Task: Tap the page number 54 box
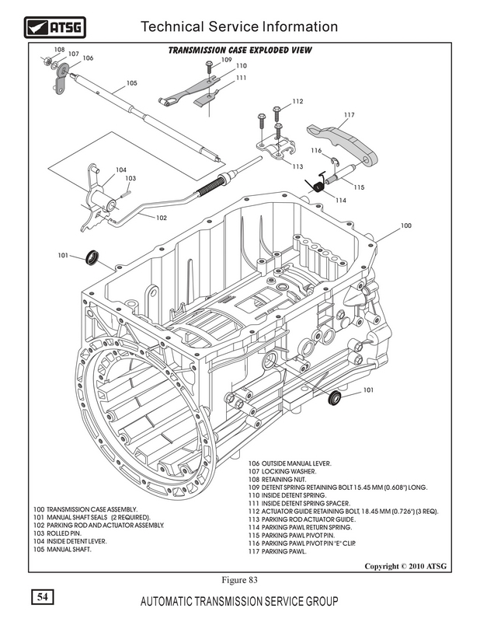(x=41, y=598)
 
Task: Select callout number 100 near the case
(x=405, y=225)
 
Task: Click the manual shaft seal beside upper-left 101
(x=94, y=256)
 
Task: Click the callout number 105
(x=131, y=83)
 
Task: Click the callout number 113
(x=297, y=166)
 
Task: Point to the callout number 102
(x=162, y=218)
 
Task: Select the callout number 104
(x=120, y=169)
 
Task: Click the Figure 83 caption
(x=239, y=580)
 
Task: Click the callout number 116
(x=316, y=150)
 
